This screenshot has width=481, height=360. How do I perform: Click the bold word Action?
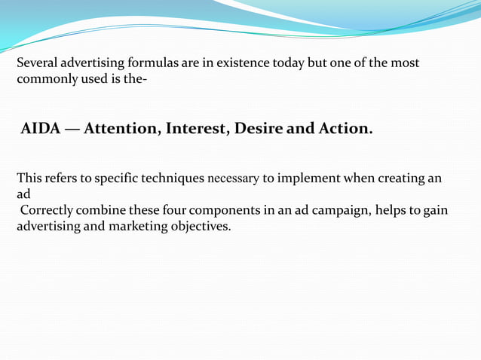click(345, 129)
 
